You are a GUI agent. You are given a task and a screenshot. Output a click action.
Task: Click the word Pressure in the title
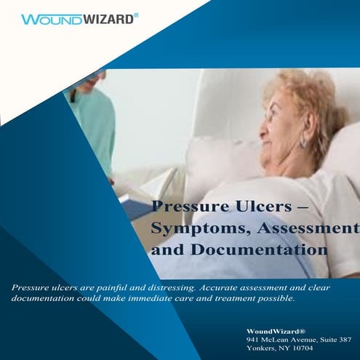click(x=187, y=206)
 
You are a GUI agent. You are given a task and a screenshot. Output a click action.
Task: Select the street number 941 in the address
click(x=253, y=339)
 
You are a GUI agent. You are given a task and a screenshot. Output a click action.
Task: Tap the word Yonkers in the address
click(x=263, y=348)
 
